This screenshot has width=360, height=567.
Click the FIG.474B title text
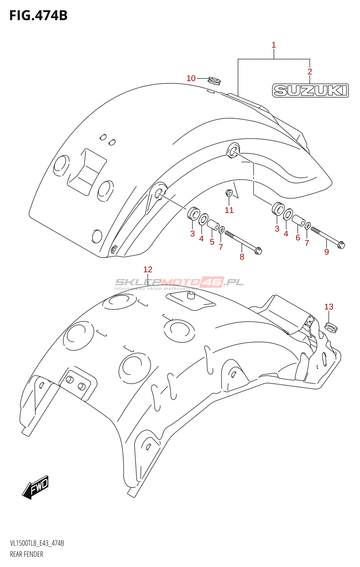click(x=38, y=16)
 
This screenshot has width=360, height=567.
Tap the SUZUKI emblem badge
click(x=310, y=90)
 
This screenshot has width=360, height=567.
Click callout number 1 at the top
click(x=274, y=45)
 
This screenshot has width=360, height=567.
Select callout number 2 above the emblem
click(x=310, y=72)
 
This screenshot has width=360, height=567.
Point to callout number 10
click(x=191, y=78)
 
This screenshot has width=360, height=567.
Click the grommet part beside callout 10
click(x=214, y=81)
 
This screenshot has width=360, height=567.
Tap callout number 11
click(x=229, y=210)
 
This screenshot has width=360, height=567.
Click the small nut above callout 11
click(x=229, y=193)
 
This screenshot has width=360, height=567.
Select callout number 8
click(x=242, y=257)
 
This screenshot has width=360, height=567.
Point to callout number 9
click(x=327, y=252)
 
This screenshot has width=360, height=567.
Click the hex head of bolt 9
click(x=341, y=245)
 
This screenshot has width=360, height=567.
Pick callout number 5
click(x=212, y=242)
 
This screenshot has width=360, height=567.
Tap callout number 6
click(x=298, y=237)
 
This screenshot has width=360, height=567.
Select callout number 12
click(x=148, y=269)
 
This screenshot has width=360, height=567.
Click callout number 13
click(x=329, y=307)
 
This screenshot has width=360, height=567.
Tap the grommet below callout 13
click(x=331, y=327)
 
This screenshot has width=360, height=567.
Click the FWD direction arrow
click(x=35, y=487)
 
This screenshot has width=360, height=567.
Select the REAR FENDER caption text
click(x=27, y=554)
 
